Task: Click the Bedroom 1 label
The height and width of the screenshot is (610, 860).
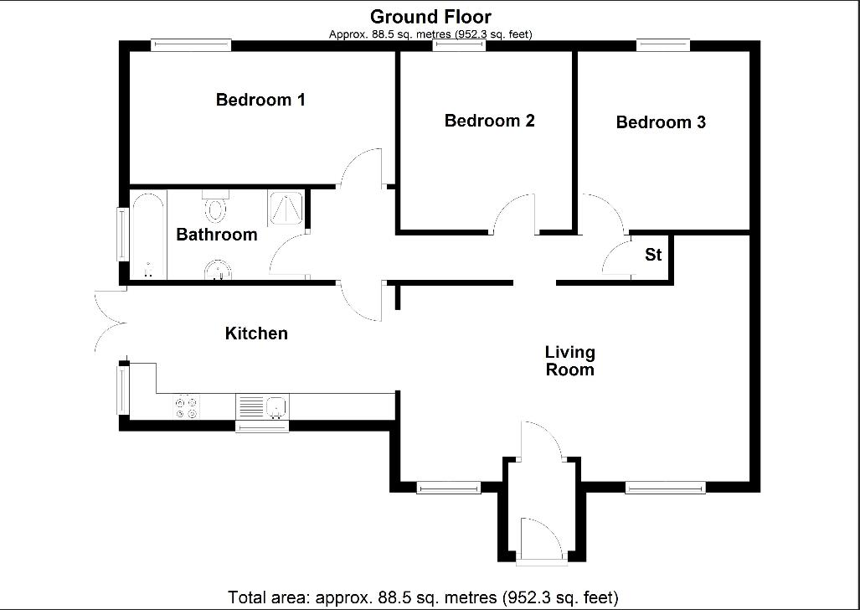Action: click(260, 101)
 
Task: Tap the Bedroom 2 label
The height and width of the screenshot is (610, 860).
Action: click(489, 121)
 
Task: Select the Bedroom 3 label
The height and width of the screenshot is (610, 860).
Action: click(661, 122)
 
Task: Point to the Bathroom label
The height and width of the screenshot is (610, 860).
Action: click(216, 235)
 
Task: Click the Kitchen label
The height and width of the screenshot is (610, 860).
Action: click(256, 333)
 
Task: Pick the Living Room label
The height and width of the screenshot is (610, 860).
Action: click(569, 361)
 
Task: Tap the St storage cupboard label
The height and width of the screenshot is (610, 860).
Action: click(653, 255)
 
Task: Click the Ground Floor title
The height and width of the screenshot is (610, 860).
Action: click(430, 16)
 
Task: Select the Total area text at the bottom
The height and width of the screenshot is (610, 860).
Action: click(423, 597)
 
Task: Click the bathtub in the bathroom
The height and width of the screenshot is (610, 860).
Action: click(148, 236)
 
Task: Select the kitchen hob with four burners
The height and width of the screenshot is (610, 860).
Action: click(186, 407)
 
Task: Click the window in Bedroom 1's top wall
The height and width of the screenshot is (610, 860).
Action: click(191, 45)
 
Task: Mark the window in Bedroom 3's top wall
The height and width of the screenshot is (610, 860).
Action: click(662, 45)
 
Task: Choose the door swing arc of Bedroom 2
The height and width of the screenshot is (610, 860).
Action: click(513, 213)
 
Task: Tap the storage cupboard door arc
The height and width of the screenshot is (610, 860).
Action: click(617, 256)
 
